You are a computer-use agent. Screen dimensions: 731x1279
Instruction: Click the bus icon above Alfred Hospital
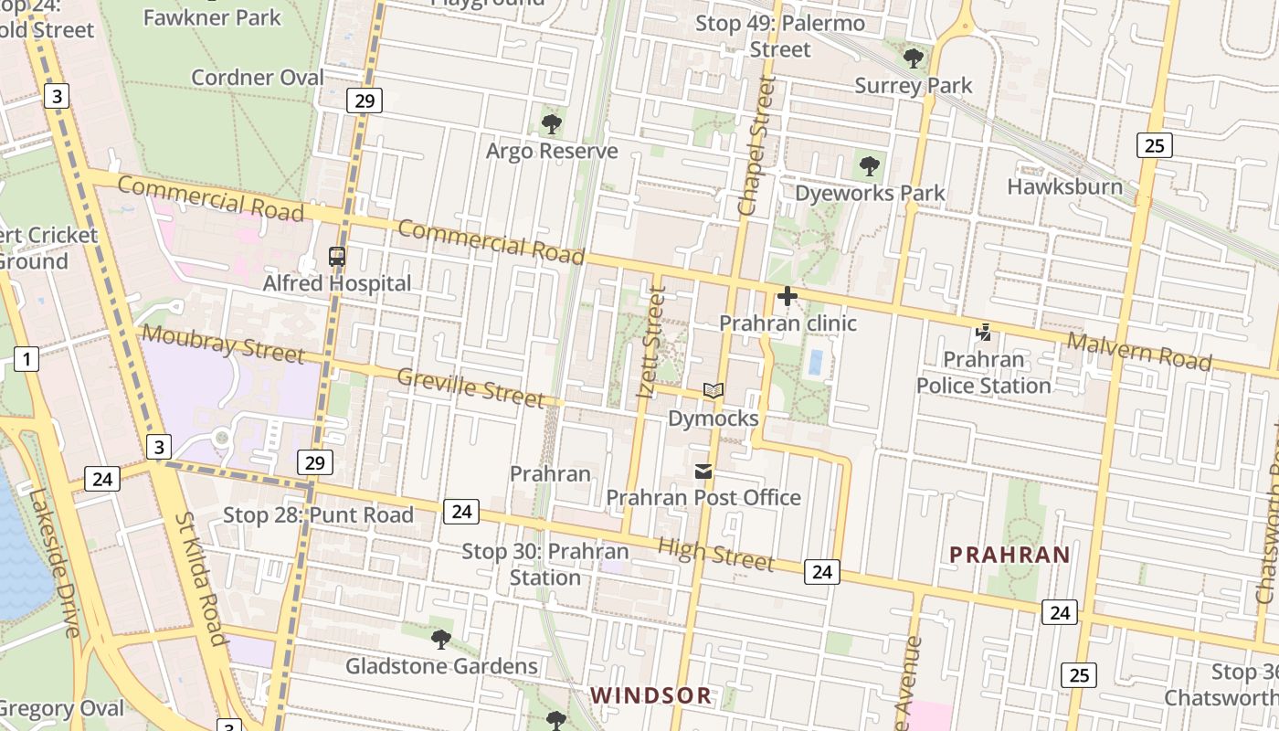pyautogui.click(x=337, y=257)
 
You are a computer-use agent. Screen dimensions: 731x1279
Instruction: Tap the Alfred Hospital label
pyautogui.click(x=337, y=283)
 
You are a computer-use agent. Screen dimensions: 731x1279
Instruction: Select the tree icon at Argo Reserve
pyautogui.click(x=551, y=124)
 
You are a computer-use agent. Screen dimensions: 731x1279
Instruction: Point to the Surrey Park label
pyautogui.click(x=914, y=86)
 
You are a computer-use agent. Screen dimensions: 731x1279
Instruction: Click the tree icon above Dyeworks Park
pyautogui.click(x=870, y=166)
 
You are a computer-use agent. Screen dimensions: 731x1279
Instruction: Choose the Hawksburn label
pyautogui.click(x=1064, y=186)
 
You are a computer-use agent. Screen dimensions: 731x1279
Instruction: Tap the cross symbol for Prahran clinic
pyautogui.click(x=787, y=296)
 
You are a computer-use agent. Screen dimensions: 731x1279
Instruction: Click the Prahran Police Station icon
pyautogui.click(x=984, y=333)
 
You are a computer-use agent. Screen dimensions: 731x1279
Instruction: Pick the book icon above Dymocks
pyautogui.click(x=713, y=391)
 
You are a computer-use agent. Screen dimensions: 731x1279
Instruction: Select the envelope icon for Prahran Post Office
pyautogui.click(x=703, y=471)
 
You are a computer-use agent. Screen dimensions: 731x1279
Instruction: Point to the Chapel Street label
pyautogui.click(x=757, y=146)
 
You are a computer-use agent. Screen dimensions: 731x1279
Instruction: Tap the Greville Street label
pyautogui.click(x=470, y=387)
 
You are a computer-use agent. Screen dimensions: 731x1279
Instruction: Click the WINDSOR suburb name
pyautogui.click(x=650, y=695)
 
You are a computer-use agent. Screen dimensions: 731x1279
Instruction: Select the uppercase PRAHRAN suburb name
pyautogui.click(x=1009, y=555)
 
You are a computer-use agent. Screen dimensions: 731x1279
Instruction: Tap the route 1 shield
pyautogui.click(x=26, y=359)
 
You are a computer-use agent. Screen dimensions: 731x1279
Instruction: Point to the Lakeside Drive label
pyautogui.click(x=54, y=562)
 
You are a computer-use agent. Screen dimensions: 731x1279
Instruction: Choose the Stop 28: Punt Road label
pyautogui.click(x=318, y=515)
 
